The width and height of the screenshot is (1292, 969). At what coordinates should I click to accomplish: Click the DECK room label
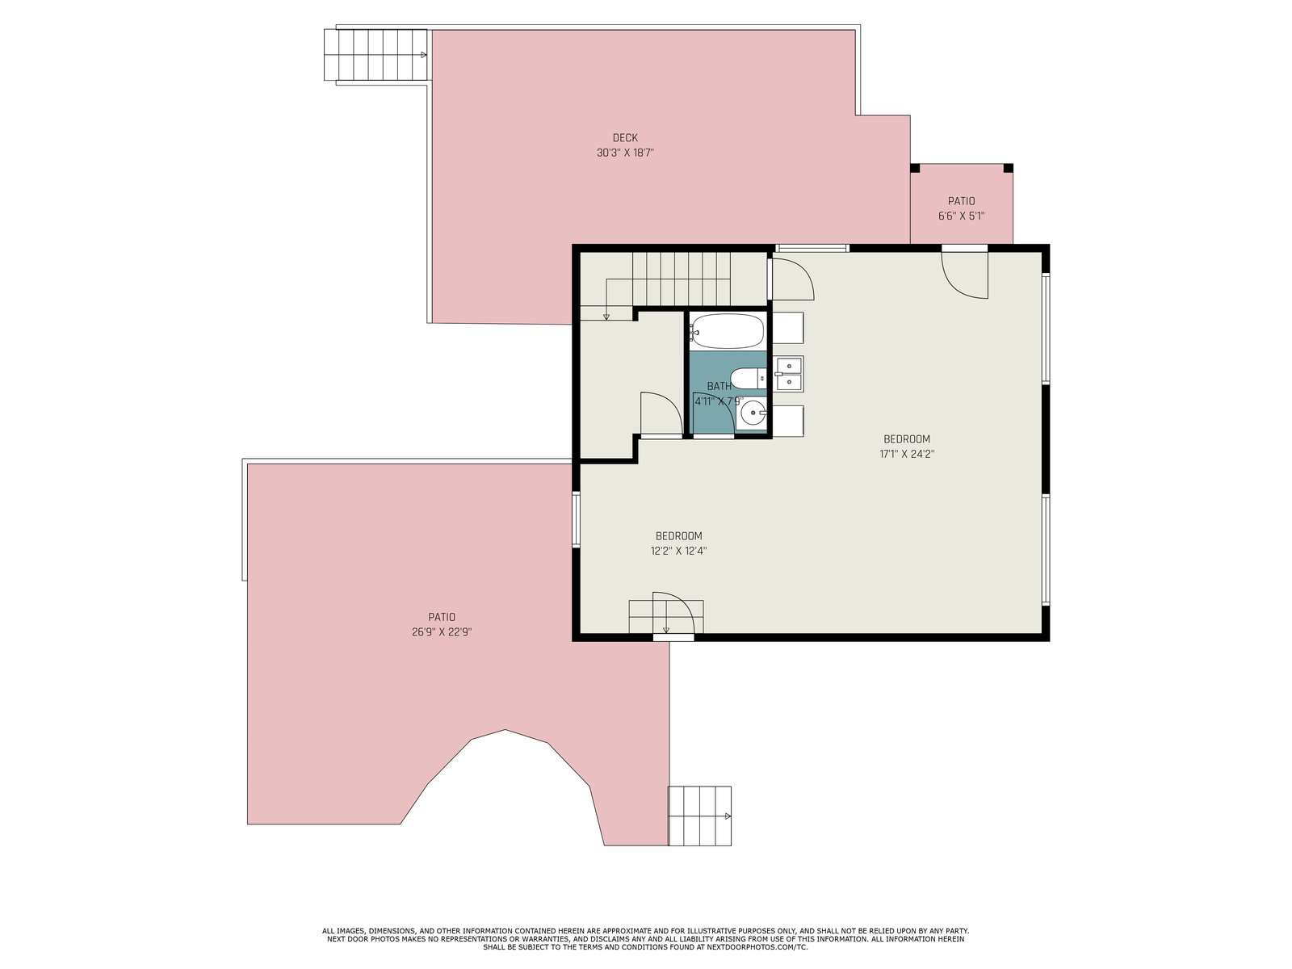624,137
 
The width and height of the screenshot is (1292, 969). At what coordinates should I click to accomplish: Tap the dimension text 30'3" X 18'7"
625,153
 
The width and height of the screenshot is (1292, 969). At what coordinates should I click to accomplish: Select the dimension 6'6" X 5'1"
961,216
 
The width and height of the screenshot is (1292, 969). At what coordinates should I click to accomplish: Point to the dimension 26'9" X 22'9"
442,632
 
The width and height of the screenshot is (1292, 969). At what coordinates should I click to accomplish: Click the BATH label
719,386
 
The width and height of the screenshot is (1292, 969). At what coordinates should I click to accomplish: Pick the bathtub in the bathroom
727,330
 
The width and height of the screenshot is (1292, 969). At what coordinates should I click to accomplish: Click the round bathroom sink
753,413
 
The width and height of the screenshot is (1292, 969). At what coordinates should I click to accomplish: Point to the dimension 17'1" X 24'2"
907,454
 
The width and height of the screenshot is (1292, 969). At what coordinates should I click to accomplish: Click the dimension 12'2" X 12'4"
678,551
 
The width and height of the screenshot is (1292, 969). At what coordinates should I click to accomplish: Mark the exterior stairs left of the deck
375,55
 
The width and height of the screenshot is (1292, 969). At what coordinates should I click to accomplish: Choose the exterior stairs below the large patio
699,816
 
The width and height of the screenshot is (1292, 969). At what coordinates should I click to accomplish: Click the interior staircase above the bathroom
672,279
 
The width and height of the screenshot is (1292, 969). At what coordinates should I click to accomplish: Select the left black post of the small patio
915,168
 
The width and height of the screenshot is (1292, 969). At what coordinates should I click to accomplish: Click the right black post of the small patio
1008,168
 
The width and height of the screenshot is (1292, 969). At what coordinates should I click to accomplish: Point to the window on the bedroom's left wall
577,519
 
